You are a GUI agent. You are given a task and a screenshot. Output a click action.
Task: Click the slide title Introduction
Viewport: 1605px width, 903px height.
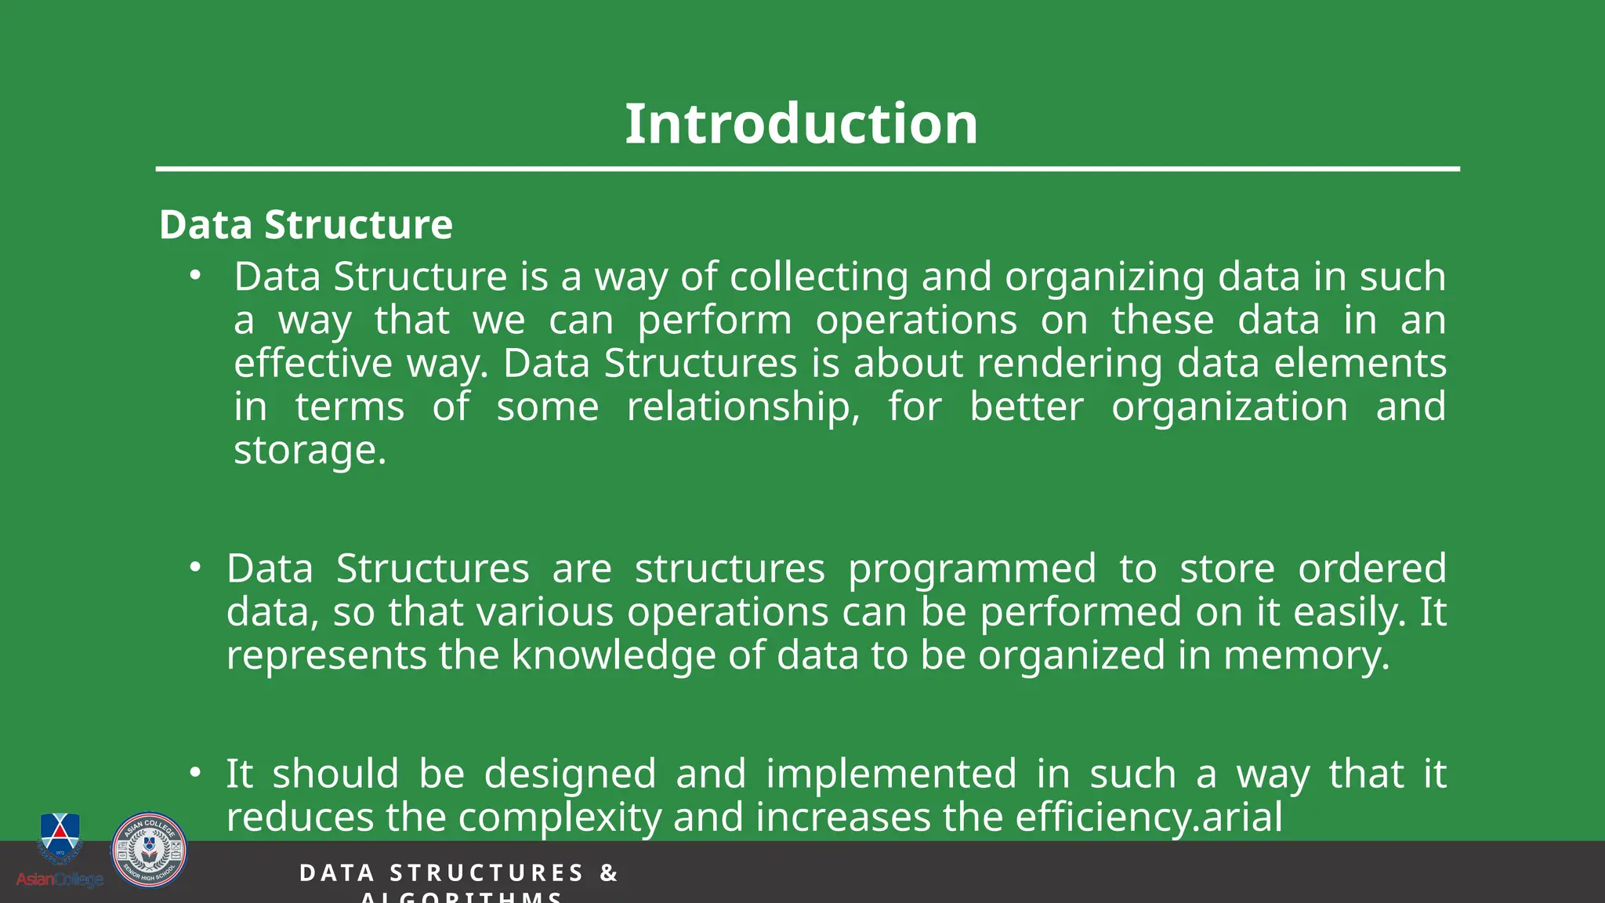coord(801,124)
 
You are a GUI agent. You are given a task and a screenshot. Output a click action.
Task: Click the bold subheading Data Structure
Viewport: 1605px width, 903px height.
coord(306,225)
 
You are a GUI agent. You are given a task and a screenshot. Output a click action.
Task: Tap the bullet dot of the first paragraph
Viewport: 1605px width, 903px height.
coord(195,275)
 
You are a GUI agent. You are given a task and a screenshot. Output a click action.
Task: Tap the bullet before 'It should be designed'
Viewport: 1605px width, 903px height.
coord(195,773)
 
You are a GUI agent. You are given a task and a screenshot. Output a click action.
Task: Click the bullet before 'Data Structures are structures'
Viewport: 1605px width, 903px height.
coord(195,567)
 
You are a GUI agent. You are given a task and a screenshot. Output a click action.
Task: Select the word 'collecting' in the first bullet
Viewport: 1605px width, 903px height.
coord(819,277)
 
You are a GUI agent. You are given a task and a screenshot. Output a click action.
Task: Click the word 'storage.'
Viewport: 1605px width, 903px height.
coord(310,451)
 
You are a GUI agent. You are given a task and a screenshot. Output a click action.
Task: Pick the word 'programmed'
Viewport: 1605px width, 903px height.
coord(972,568)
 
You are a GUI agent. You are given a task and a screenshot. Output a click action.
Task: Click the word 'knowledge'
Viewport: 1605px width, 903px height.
coord(613,655)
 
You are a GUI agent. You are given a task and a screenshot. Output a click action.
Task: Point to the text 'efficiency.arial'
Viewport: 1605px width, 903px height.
coord(1149,818)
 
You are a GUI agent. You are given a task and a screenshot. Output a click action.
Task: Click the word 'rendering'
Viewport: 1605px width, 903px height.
coord(1070,364)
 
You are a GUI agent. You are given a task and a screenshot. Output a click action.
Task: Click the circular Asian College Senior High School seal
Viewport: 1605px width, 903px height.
coord(149,850)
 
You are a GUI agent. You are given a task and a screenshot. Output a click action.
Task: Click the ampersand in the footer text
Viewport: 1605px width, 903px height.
coord(609,873)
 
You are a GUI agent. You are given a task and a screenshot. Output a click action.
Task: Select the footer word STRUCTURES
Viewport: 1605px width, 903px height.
coord(487,873)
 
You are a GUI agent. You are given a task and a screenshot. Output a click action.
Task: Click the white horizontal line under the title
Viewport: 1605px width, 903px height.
coord(807,169)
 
